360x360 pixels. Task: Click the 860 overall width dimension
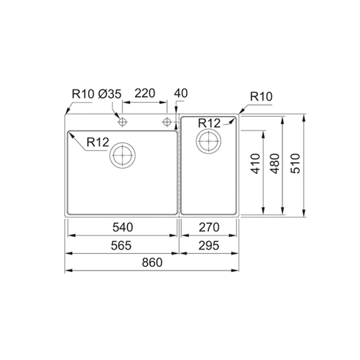152,262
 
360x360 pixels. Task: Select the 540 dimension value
122,227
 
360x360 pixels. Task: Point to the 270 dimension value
209,227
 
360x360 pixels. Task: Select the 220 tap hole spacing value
144,93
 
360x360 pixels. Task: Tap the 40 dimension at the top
182,93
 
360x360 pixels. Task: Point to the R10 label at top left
82,93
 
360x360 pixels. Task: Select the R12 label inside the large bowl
97,143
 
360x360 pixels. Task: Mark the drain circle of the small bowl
209,142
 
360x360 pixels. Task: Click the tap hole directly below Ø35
122,122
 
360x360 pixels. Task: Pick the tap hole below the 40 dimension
167,122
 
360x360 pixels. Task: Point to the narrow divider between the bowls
179,168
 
